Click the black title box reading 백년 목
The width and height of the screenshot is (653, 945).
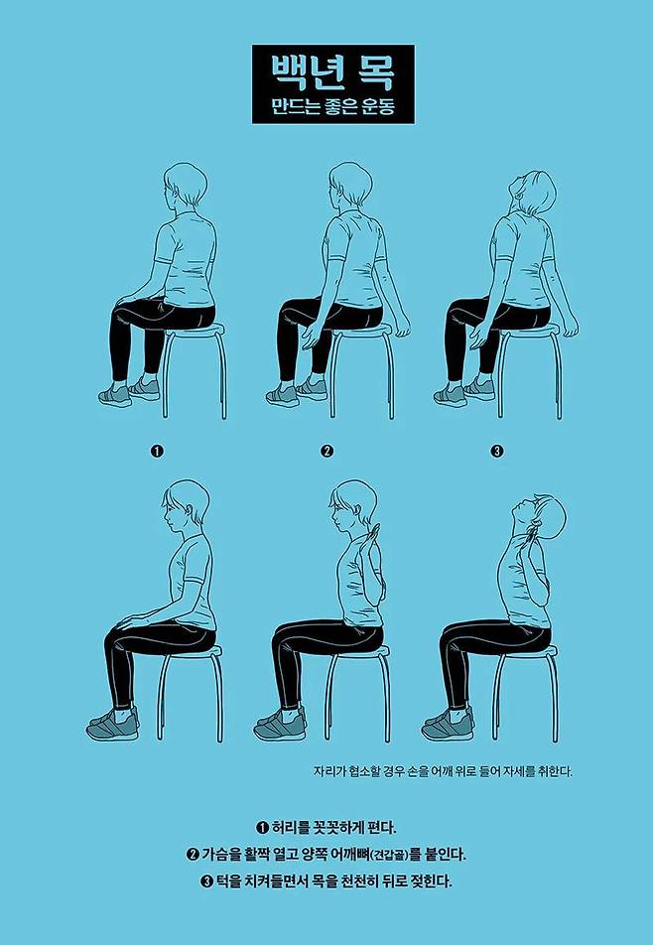point(333,83)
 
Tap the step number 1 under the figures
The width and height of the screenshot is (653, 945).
point(157,451)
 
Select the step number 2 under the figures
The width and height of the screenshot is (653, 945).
point(327,451)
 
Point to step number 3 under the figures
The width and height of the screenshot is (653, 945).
point(497,451)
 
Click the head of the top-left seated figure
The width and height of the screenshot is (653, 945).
point(185,185)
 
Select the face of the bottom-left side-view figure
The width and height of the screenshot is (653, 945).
point(172,511)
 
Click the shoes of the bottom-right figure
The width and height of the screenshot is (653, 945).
point(449,725)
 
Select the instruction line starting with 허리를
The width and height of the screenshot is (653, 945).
point(326,826)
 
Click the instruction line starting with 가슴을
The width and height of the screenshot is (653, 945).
point(326,854)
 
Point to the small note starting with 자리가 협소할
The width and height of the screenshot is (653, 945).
point(443,771)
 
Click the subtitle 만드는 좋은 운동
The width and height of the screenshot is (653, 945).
point(333,107)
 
